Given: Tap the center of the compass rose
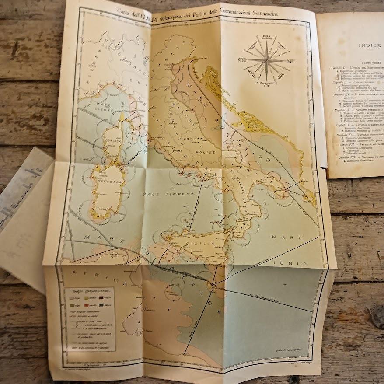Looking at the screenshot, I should (x=265, y=60).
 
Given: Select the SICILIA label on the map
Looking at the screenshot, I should (x=203, y=243).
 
